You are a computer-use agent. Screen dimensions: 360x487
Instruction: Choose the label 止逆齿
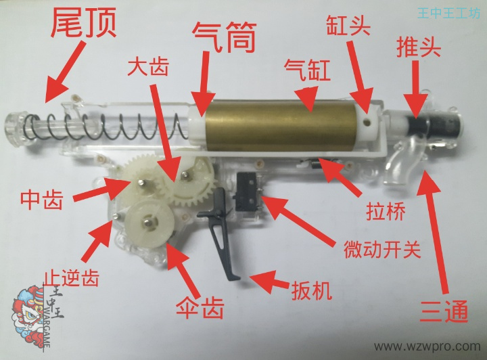click(x=64, y=277)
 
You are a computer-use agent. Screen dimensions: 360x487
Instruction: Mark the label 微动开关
click(x=381, y=249)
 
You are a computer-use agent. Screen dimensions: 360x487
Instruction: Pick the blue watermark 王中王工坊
click(x=448, y=12)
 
